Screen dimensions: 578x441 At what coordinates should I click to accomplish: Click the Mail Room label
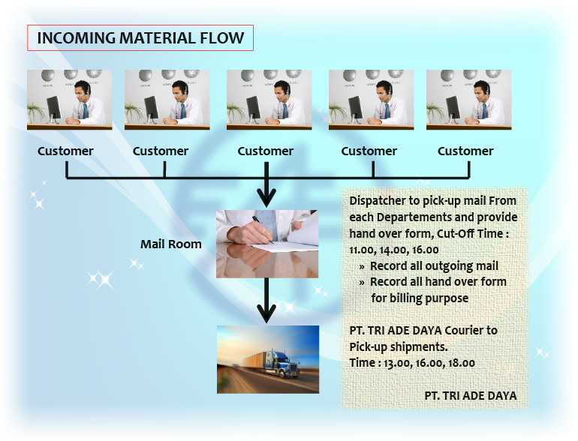point(171,244)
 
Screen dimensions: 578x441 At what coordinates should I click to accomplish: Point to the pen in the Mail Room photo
point(263,229)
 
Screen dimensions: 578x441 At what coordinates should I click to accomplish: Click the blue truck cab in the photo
point(281,363)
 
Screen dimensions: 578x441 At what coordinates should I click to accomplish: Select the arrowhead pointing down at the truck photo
point(266,313)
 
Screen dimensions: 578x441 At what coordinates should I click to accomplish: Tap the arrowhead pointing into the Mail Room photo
point(266,197)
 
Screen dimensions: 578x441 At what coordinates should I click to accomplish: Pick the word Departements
point(414,217)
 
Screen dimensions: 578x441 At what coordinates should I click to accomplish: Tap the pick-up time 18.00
point(461,363)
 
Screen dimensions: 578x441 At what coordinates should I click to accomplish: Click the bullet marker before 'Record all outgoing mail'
point(362,267)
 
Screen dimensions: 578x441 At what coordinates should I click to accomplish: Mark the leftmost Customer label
point(65,151)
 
